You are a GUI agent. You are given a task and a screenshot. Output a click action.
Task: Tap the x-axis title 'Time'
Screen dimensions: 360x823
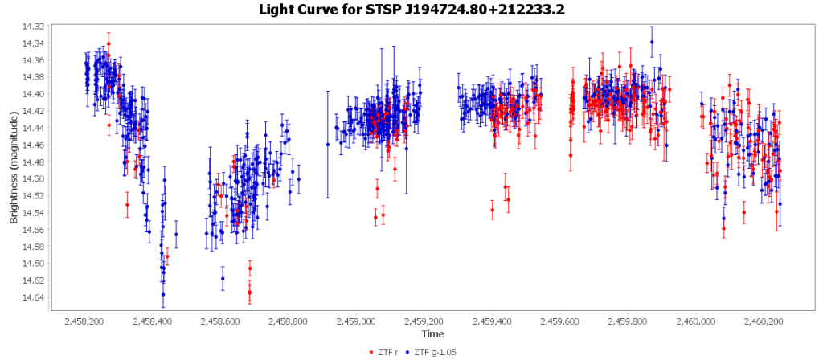(x=432, y=333)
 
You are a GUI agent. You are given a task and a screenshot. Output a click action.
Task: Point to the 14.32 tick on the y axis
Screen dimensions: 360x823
(x=34, y=27)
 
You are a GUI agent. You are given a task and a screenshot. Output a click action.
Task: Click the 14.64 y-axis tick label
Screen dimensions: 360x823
(x=34, y=297)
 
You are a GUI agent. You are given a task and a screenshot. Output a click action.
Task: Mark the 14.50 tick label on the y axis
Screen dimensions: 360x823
(x=34, y=178)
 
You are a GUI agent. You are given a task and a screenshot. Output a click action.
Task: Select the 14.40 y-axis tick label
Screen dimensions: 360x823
(x=34, y=94)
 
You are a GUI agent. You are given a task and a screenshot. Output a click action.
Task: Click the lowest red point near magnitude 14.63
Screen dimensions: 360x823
(x=249, y=292)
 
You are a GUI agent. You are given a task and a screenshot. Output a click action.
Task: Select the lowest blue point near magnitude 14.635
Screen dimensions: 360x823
(x=163, y=294)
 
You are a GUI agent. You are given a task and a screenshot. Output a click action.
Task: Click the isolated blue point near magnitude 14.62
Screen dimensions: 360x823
(x=223, y=278)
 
